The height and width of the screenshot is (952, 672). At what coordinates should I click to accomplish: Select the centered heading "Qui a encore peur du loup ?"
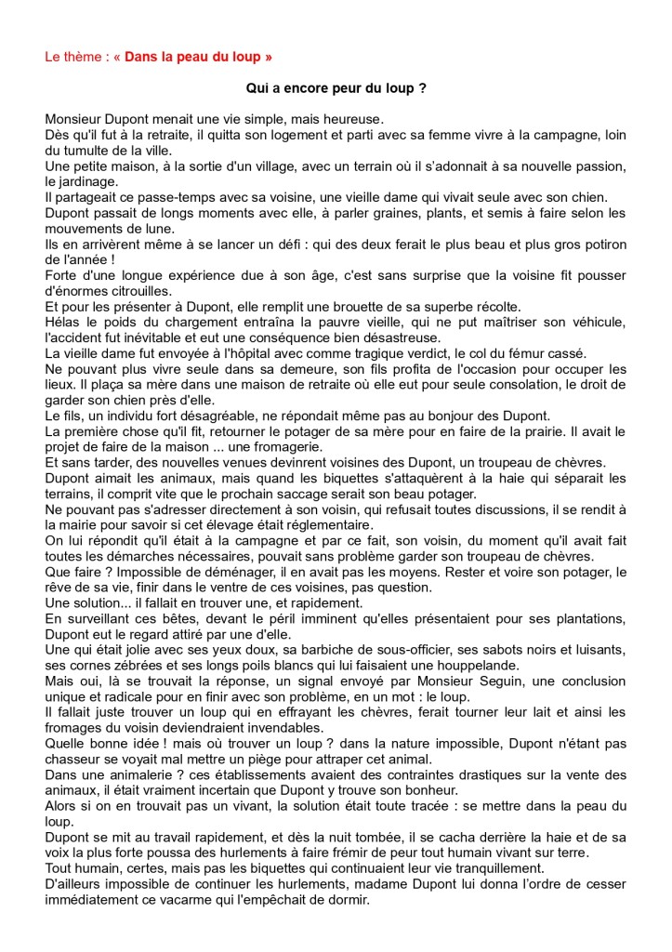[x=336, y=88]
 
